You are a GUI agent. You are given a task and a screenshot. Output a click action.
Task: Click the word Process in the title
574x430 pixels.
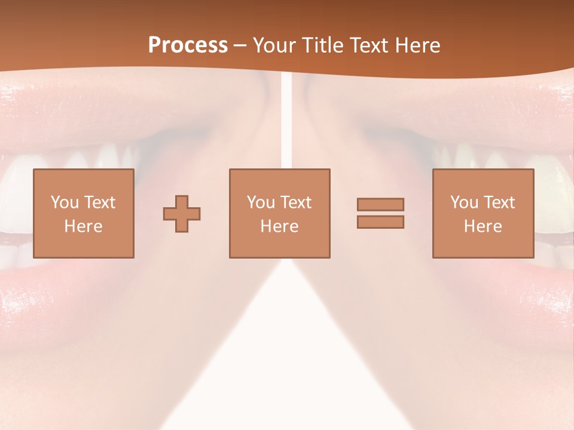(x=188, y=45)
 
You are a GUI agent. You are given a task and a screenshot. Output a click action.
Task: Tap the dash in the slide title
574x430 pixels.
(x=240, y=45)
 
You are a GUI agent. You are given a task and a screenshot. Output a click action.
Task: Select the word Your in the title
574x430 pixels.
(x=276, y=45)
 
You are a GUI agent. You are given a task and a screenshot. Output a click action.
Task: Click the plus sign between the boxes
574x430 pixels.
(x=182, y=214)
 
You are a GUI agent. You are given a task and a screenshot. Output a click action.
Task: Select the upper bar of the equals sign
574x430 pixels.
(x=380, y=204)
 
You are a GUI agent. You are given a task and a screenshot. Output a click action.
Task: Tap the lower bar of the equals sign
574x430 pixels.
(x=380, y=222)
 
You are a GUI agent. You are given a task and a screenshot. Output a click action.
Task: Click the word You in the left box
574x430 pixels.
(x=64, y=202)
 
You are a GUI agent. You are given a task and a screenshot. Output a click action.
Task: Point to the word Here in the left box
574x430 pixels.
(x=83, y=226)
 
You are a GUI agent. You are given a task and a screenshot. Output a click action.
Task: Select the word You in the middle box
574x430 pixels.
(x=260, y=202)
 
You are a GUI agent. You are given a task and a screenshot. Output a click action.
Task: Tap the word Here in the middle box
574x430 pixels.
(x=279, y=226)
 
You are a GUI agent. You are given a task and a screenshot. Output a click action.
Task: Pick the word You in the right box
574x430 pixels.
(x=463, y=202)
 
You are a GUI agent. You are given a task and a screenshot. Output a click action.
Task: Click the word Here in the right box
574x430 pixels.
(x=483, y=226)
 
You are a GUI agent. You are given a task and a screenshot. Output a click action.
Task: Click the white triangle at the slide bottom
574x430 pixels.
(x=287, y=370)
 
